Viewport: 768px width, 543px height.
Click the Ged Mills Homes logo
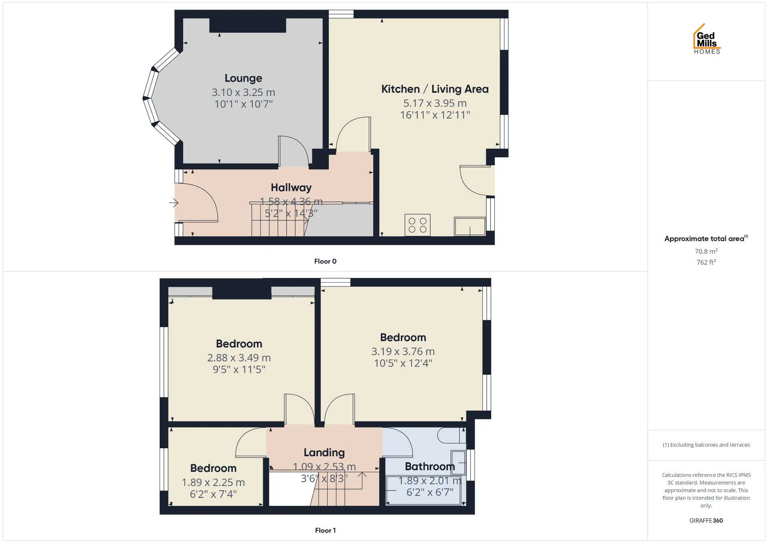[707, 39]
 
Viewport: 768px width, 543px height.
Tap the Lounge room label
[243, 78]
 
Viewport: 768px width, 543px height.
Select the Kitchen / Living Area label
[435, 89]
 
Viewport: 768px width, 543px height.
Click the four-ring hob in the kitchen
[418, 225]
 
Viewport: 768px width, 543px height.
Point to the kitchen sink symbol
[470, 226]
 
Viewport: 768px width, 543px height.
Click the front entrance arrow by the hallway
[174, 203]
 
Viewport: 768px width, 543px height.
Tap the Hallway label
[291, 188]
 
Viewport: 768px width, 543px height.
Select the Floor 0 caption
[325, 261]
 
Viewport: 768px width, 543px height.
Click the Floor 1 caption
[325, 530]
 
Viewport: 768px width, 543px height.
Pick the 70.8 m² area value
[706, 251]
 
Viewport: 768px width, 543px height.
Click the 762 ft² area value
[706, 262]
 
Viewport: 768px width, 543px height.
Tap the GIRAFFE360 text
[706, 520]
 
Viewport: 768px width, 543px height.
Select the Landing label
[324, 453]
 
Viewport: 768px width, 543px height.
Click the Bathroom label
[430, 467]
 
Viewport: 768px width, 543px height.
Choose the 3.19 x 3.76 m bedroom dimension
[403, 351]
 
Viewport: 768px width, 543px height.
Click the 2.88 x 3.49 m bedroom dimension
[239, 358]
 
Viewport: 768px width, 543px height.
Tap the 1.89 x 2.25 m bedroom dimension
[213, 483]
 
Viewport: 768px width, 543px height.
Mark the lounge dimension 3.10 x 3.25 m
[243, 92]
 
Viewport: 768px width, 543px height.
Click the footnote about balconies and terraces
[706, 445]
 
